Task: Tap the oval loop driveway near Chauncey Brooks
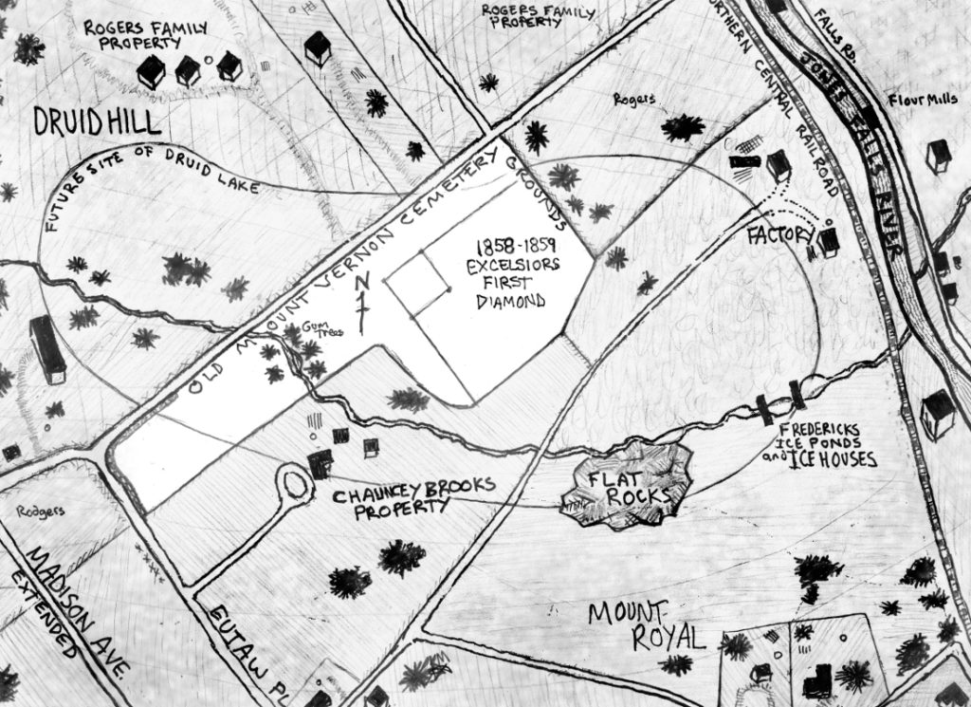pyautogui.click(x=293, y=485)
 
